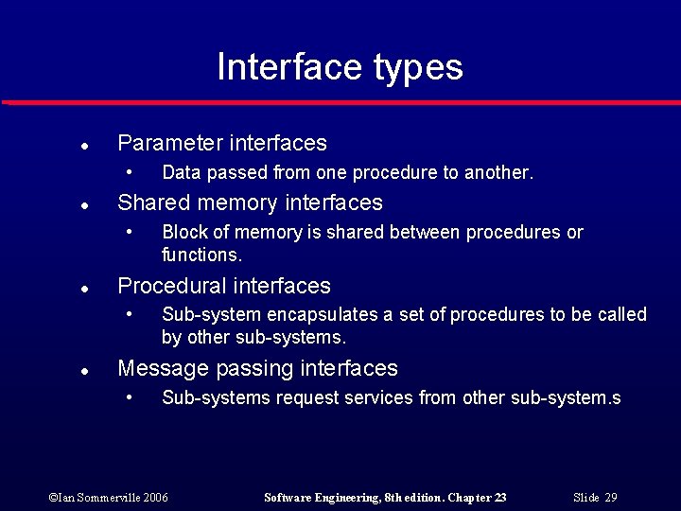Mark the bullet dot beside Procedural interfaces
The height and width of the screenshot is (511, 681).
click(84, 290)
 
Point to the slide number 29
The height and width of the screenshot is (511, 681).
click(611, 498)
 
